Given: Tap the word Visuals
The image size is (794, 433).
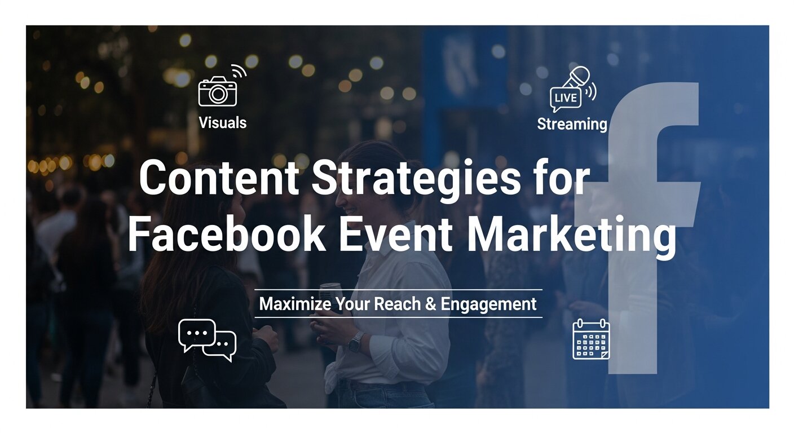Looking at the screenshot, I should tap(222, 122).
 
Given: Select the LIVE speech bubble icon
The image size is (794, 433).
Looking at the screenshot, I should tap(565, 99).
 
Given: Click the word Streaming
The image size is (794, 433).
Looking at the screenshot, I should tap(572, 124).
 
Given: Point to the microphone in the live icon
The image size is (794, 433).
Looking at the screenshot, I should tap(579, 77).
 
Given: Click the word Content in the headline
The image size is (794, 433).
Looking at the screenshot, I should tap(219, 178).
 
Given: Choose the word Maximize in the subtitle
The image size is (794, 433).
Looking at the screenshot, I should tap(295, 304).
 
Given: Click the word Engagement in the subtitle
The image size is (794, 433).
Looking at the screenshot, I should tap(488, 304).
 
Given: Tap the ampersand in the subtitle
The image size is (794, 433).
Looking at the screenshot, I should tap(430, 304).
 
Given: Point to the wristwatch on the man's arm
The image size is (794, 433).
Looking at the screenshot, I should tap(355, 342).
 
